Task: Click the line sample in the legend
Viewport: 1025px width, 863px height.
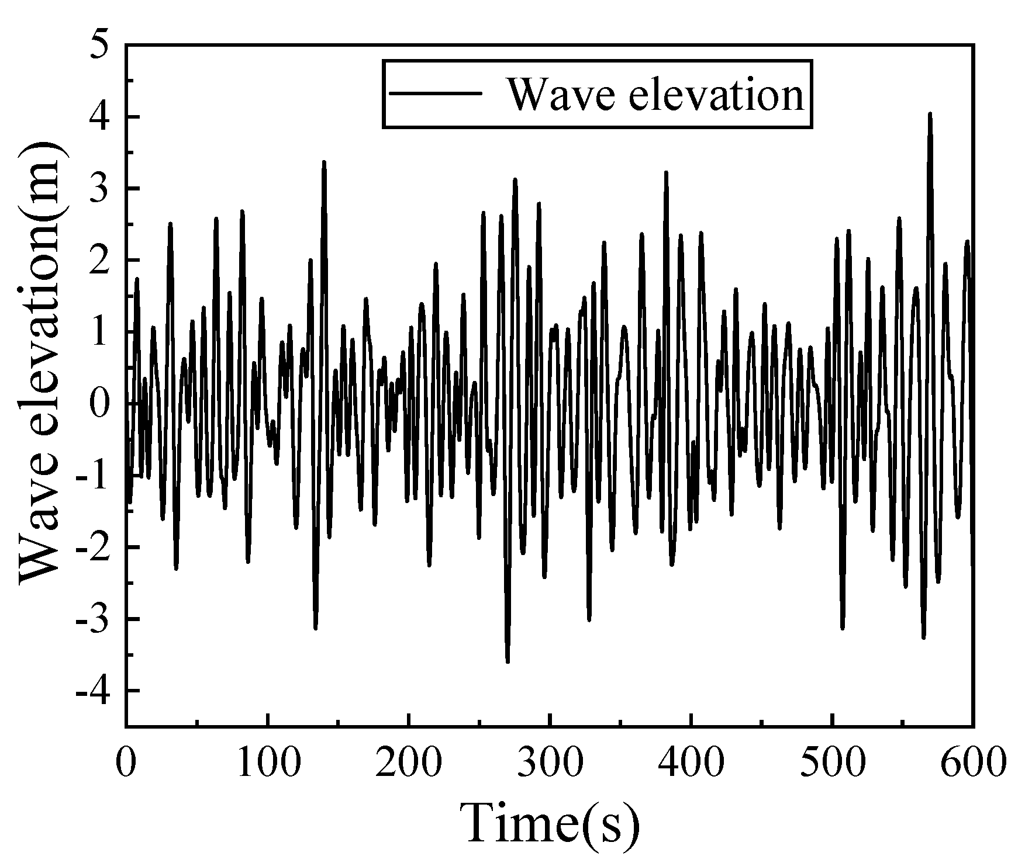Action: pyautogui.click(x=436, y=93)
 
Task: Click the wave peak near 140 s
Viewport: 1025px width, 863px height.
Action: pyautogui.click(x=324, y=162)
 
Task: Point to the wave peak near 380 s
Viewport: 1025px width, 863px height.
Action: pyautogui.click(x=665, y=172)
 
